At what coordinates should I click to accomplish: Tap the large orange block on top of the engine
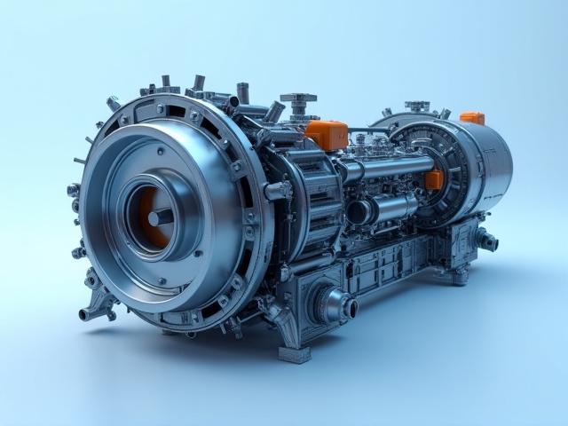(x=326, y=134)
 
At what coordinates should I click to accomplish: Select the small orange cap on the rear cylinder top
(x=472, y=118)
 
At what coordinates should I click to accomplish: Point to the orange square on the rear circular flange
(x=434, y=180)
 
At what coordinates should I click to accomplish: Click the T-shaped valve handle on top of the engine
(x=298, y=99)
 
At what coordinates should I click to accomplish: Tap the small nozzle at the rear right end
(x=487, y=240)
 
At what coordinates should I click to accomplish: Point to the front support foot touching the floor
(x=295, y=353)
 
